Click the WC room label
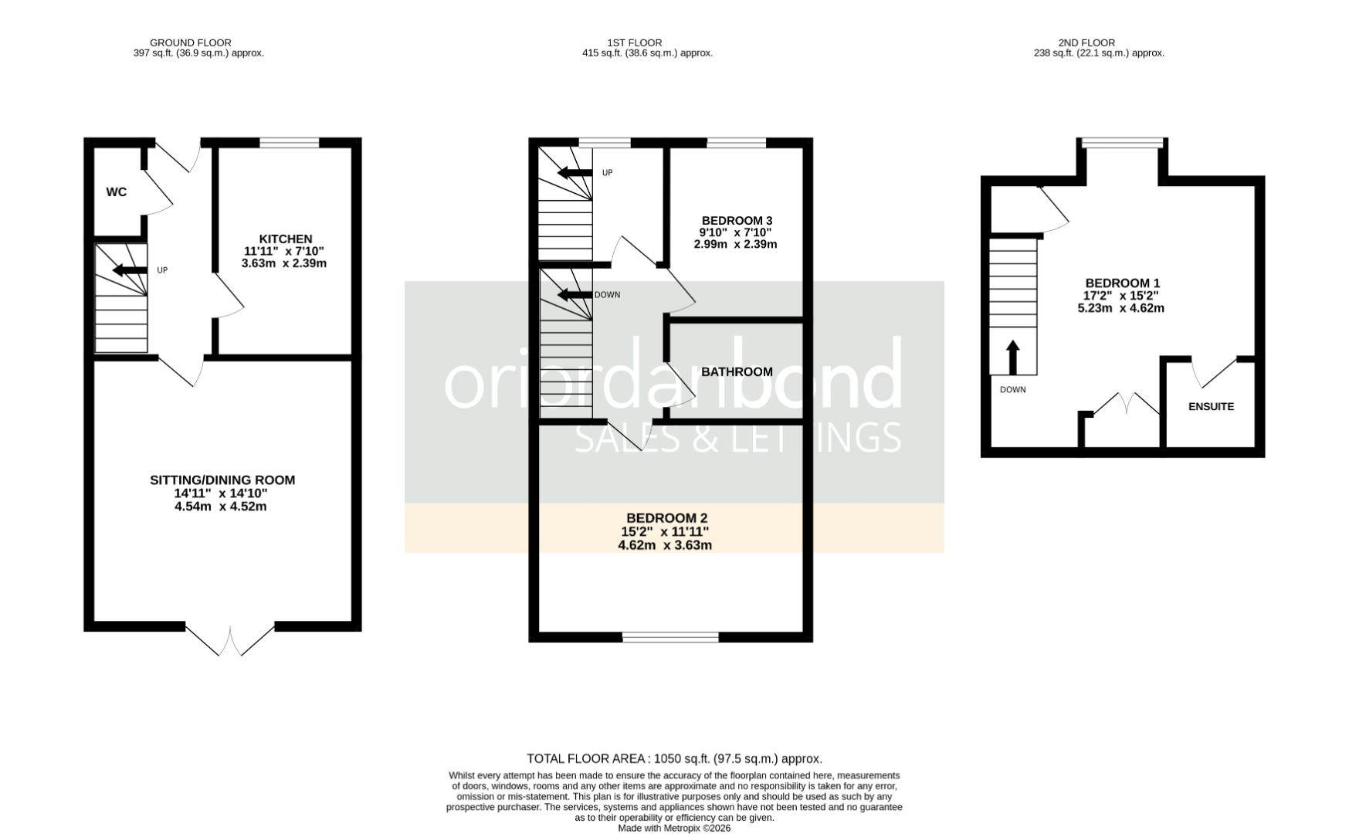[x=117, y=192]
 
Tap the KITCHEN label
[x=285, y=239]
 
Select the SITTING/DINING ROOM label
[x=222, y=480]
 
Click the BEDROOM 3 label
[x=737, y=221]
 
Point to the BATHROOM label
[x=737, y=371]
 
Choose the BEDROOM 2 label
[x=666, y=518]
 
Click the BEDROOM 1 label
[x=1122, y=283]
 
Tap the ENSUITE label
[x=1211, y=406]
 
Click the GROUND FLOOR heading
[x=190, y=42]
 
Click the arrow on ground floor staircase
[x=129, y=270]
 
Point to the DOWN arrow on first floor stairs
[x=574, y=294]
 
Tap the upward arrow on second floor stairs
[x=1013, y=357]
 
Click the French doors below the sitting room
[x=230, y=642]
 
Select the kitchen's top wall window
[x=289, y=142]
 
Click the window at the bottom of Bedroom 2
[x=670, y=637]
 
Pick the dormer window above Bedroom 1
[x=1122, y=142]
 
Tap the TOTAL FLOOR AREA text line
[x=674, y=759]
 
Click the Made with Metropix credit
[x=674, y=828]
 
